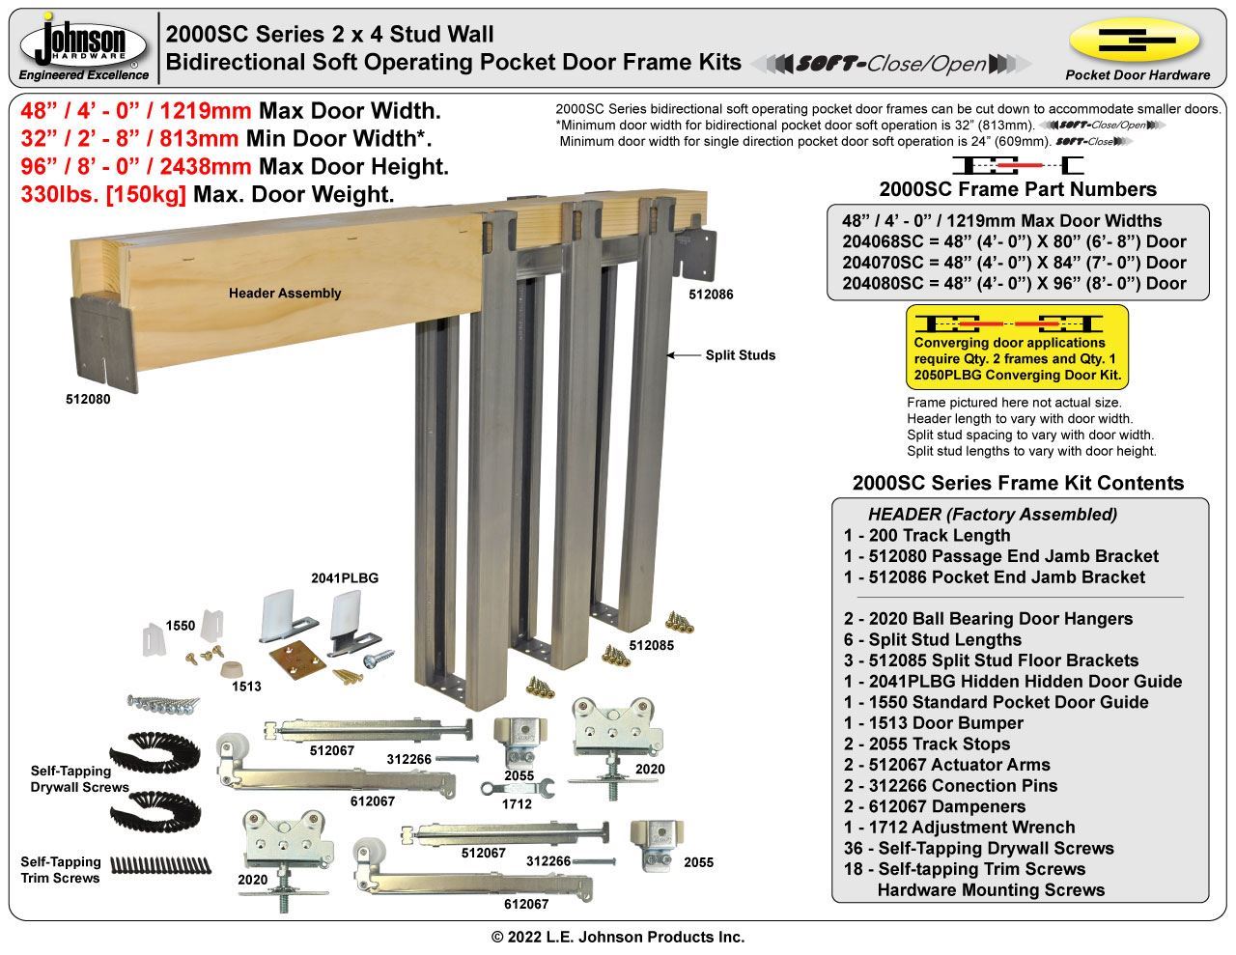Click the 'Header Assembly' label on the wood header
click(285, 293)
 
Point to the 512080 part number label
click(87, 399)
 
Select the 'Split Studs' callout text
click(740, 355)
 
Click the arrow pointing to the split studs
click(683, 355)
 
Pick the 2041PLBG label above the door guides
click(345, 578)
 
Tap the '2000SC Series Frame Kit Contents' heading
click(1018, 483)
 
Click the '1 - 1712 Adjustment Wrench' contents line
click(959, 828)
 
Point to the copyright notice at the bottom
click(618, 937)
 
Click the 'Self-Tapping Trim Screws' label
click(61, 870)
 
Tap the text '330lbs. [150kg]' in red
click(103, 194)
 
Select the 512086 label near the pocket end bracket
click(711, 294)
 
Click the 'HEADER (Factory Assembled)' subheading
click(992, 515)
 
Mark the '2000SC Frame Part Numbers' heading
click(1018, 189)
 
